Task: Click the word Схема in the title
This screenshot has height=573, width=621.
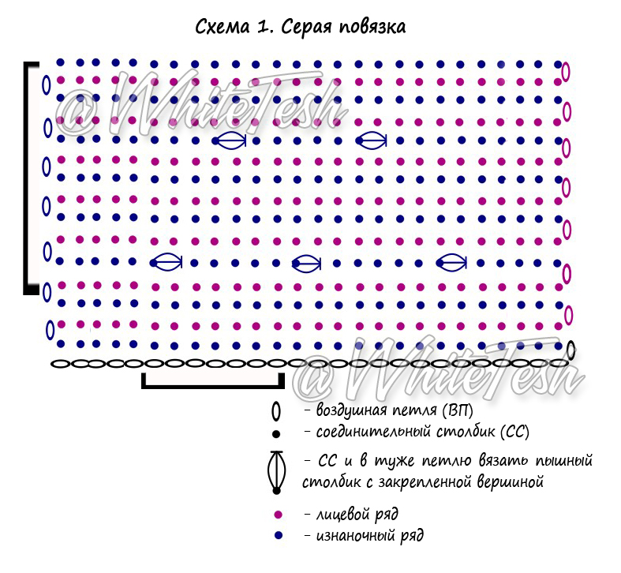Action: point(223,27)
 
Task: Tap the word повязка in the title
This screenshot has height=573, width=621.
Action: point(372,28)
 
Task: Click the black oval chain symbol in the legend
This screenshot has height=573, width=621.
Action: point(276,412)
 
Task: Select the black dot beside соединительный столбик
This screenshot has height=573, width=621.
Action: point(276,434)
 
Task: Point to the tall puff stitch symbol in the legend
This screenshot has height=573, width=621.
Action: point(276,472)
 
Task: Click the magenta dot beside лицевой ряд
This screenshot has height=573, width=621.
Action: point(278,515)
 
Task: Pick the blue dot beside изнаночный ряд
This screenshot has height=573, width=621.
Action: point(279,535)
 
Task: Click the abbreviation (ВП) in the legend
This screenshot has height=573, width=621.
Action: point(458,410)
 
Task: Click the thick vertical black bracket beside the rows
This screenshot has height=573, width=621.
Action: point(27,178)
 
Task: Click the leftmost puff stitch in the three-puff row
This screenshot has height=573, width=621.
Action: point(166,262)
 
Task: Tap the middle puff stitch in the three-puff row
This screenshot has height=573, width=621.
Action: point(306,264)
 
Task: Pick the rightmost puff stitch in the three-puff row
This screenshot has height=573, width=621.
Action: point(451,262)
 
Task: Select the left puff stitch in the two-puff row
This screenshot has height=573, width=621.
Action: point(230,140)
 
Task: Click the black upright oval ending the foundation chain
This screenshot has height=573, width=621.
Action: point(570,350)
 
